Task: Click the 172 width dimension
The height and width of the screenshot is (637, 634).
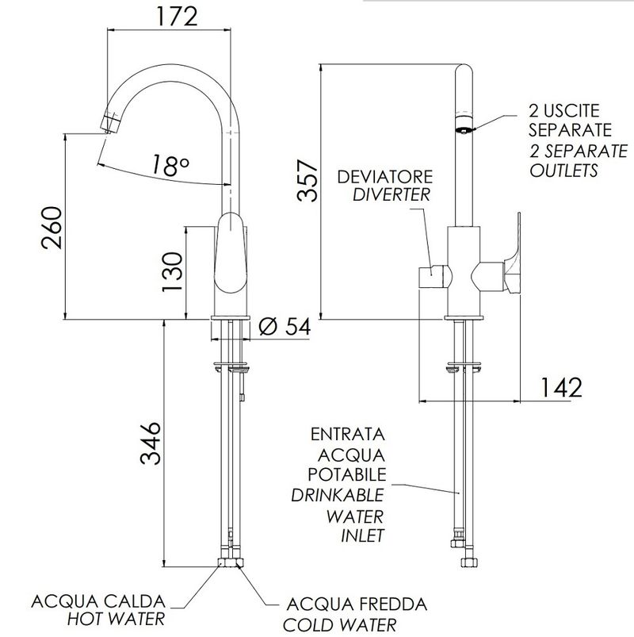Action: [x=178, y=17]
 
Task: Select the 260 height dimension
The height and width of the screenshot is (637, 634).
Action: [x=52, y=228]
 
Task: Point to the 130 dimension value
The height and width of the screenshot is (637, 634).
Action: [x=172, y=272]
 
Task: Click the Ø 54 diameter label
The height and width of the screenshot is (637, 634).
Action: [x=285, y=326]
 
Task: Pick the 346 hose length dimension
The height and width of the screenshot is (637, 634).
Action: [x=151, y=443]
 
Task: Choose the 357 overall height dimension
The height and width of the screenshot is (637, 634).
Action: [x=307, y=180]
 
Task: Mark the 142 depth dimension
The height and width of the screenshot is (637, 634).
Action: [x=561, y=387]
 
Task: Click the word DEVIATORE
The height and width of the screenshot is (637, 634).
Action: [x=385, y=177]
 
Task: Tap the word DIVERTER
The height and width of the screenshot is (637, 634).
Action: [x=391, y=194]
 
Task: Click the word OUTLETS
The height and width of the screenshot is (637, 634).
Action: [x=563, y=170]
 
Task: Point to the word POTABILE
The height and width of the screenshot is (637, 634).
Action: [x=346, y=474]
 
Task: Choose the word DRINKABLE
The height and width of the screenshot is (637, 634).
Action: [x=338, y=495]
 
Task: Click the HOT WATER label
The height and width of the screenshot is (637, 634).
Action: [x=116, y=619]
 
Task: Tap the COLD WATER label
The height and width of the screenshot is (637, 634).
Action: [x=339, y=625]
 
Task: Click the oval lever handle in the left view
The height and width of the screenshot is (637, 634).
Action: [x=230, y=253]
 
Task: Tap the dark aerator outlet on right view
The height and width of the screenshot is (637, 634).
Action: [x=462, y=130]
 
